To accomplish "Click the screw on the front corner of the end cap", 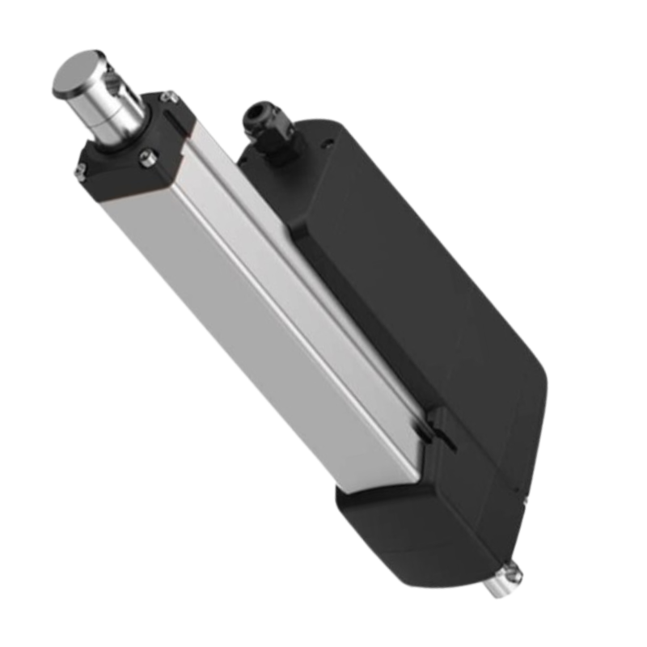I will click(x=147, y=155).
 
